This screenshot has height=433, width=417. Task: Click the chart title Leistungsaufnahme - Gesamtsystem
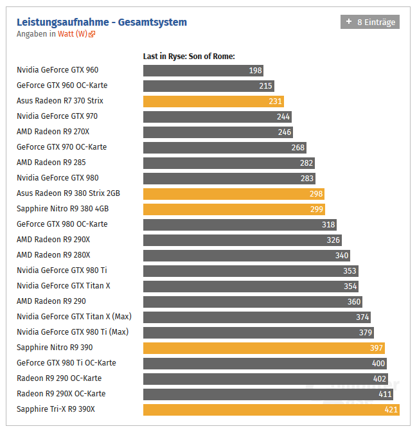click(x=102, y=22)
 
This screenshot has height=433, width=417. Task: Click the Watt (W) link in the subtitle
click(x=72, y=34)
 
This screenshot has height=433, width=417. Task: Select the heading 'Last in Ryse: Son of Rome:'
click(x=189, y=57)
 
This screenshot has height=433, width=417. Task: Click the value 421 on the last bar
click(x=391, y=410)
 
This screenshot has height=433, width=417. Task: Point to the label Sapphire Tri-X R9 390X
click(x=56, y=409)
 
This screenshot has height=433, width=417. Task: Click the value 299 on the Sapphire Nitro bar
click(x=317, y=209)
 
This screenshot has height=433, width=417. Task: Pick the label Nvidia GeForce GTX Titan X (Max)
click(x=74, y=317)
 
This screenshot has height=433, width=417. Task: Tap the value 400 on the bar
click(x=378, y=364)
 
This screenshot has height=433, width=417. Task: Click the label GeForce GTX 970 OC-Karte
click(x=62, y=147)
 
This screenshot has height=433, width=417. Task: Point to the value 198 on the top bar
click(x=255, y=71)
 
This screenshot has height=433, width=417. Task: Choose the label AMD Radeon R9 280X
click(x=53, y=255)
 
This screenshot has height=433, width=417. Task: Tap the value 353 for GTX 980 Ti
click(x=350, y=271)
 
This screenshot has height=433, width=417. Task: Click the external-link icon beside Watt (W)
click(x=92, y=34)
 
